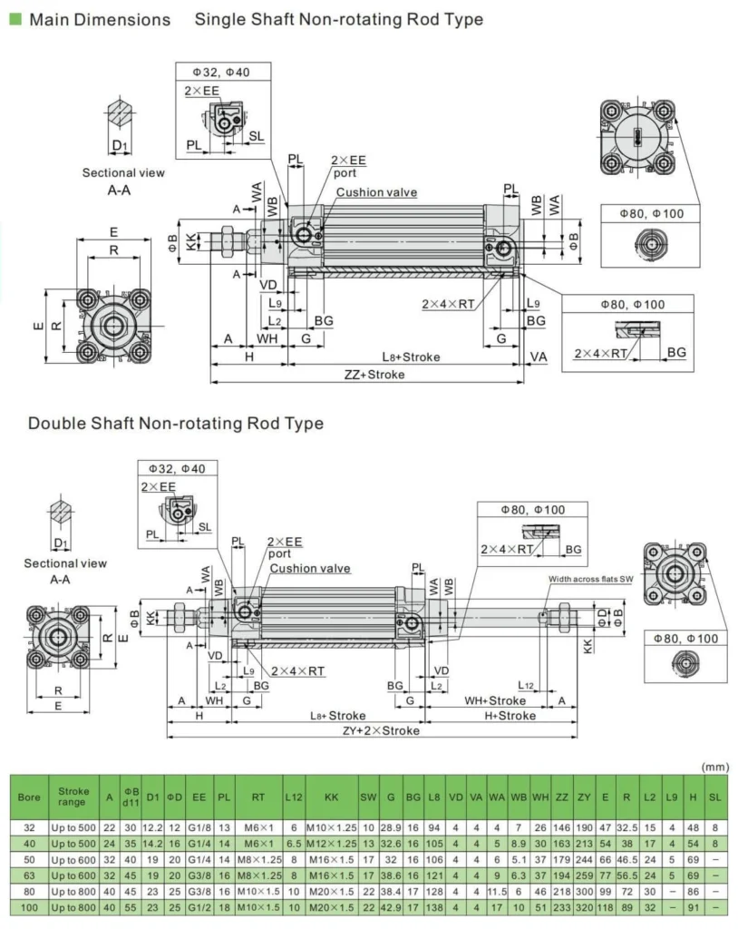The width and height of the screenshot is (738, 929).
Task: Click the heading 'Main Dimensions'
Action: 100,19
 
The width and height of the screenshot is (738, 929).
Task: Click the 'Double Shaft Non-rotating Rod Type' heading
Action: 175,424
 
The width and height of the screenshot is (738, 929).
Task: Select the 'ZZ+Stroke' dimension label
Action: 374,375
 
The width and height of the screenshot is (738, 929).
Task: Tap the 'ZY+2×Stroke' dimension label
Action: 381,730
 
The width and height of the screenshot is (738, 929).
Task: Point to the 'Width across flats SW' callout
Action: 590,579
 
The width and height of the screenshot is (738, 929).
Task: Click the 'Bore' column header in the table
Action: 29,797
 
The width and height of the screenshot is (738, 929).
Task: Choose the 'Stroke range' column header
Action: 72,797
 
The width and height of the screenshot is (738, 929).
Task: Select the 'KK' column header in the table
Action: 331,797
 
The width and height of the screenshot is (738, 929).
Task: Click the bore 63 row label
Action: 29,875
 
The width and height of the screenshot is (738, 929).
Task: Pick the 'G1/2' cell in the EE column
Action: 199,906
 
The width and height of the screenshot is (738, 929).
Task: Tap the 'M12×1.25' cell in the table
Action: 331,844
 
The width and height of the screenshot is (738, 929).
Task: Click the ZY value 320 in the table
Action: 584,906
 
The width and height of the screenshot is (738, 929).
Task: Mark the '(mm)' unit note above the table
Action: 715,767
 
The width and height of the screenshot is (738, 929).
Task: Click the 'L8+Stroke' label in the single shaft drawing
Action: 410,357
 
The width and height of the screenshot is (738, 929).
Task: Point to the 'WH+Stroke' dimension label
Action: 495,700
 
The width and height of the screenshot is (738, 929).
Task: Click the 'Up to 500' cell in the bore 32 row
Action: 72,827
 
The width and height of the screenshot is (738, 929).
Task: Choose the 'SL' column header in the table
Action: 715,797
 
